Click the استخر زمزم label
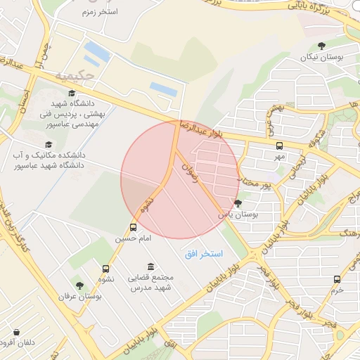click(98, 12)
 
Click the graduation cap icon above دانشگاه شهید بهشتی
click(71, 94)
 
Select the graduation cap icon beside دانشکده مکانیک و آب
click(49, 143)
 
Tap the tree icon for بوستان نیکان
click(322, 46)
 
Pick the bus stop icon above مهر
click(280, 146)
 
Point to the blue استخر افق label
click(203, 252)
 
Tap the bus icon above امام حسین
click(134, 227)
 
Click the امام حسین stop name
click(134, 239)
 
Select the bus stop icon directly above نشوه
click(106, 268)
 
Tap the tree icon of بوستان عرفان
click(80, 285)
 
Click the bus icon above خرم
click(337, 279)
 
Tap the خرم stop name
click(337, 290)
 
